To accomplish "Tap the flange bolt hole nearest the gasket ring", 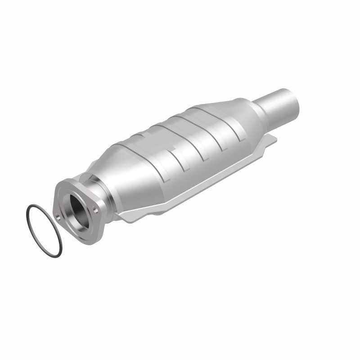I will tap(58, 218).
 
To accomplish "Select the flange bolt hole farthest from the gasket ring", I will tap(96, 208).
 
